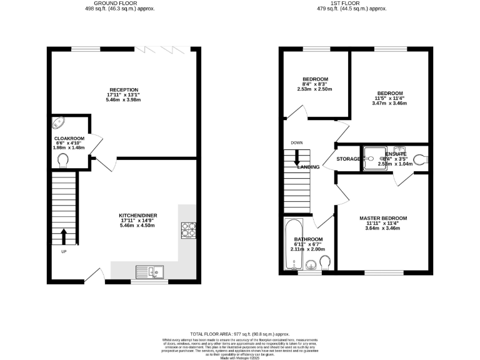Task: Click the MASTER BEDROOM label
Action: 383,219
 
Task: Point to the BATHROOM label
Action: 309,239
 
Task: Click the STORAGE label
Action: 348,159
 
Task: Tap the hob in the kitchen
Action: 188,231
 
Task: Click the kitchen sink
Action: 149,271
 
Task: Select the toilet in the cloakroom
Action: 62,161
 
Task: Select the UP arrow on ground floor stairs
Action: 64,237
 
